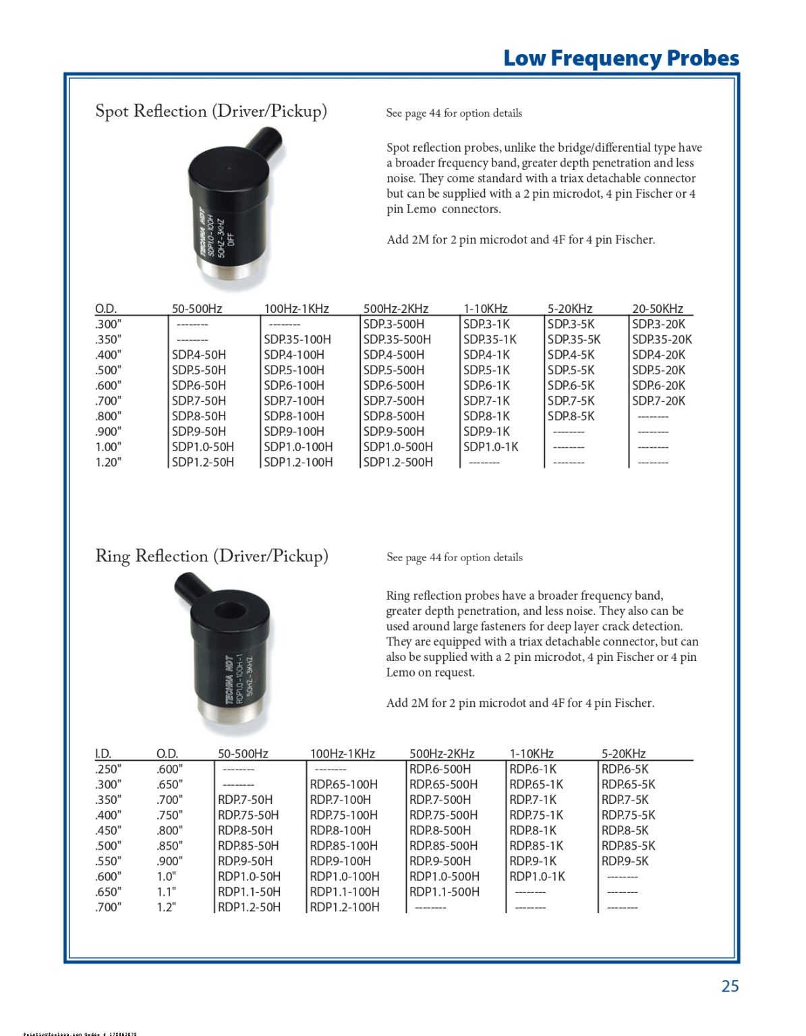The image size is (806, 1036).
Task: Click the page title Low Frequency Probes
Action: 621,58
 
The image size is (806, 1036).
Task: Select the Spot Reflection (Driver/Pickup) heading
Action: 211,111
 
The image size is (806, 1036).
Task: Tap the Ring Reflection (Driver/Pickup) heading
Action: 212,556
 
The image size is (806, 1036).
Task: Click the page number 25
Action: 730,986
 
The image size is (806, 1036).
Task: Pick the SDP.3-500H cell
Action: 394,324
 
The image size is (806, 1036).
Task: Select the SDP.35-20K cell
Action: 662,340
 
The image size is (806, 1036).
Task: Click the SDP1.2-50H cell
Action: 203,463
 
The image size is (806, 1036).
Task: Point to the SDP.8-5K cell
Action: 571,417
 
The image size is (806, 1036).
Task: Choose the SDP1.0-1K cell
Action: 490,447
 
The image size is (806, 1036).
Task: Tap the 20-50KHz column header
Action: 657,309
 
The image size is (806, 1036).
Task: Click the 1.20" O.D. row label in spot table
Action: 108,463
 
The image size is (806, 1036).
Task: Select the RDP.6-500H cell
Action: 440,770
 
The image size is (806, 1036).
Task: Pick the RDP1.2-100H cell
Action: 345,908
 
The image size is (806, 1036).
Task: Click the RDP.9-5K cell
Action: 625,861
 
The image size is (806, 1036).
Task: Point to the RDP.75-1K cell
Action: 536,815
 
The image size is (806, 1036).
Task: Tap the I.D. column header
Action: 103,754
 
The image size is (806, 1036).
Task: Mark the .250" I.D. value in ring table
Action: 108,770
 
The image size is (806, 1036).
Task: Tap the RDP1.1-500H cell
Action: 444,892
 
